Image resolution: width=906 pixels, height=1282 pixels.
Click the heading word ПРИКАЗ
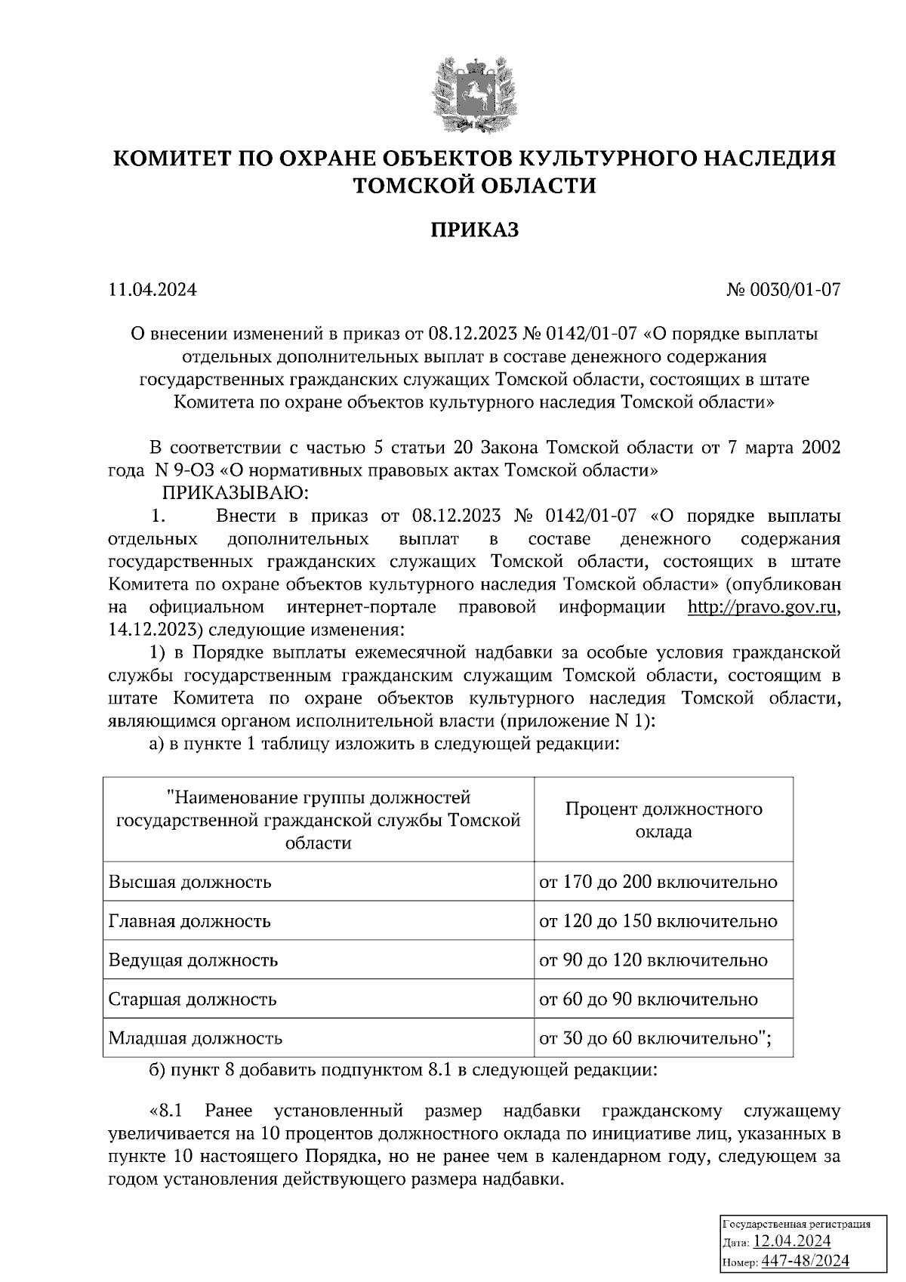474,230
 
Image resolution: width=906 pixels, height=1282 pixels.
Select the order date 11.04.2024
153,290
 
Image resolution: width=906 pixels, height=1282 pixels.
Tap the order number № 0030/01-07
783,290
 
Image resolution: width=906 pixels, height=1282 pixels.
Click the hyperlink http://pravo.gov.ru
763,607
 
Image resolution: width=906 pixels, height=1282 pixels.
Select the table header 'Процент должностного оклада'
663,820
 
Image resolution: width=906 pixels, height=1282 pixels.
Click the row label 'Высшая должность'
190,882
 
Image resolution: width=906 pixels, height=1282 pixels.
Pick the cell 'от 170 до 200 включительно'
658,882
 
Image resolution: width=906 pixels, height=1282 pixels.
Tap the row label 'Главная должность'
190,921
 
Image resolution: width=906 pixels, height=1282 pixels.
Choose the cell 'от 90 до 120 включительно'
652,960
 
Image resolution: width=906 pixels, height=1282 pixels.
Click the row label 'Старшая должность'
193,1000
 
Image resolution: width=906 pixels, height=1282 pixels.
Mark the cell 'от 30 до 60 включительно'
655,1038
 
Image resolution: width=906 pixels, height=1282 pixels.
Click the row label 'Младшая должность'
196,1038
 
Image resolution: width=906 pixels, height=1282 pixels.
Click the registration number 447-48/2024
805,1262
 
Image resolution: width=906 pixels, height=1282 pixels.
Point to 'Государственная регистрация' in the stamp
797,1224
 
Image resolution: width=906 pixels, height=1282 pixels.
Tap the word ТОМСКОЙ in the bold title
411,185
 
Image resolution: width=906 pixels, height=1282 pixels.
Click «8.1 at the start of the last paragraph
166,1111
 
